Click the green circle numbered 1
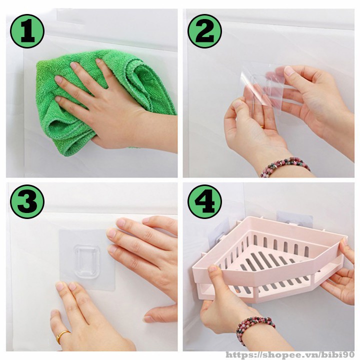click(x=27, y=31)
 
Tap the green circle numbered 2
click(x=205, y=31)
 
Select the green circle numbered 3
click(x=27, y=201)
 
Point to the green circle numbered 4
click(x=205, y=201)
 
